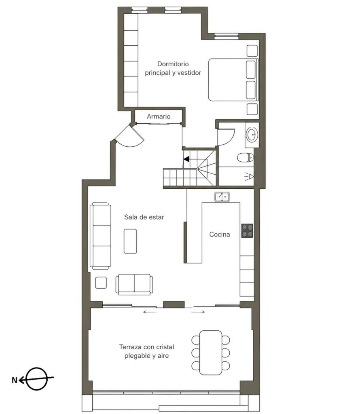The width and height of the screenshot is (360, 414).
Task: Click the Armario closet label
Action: click(159, 116)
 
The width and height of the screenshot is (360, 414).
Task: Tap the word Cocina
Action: click(220, 234)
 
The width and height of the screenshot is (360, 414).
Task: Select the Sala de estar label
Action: click(144, 217)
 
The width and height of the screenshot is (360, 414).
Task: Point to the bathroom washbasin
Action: click(252, 135)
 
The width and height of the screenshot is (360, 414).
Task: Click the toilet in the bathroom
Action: click(245, 158)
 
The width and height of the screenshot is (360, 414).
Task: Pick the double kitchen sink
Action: click(222, 197)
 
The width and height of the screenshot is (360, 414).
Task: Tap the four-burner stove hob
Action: click(247, 230)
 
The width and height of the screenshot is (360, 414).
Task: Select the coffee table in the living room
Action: click(130, 241)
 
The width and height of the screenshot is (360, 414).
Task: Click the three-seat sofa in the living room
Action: click(100, 236)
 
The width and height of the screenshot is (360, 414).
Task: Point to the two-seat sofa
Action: click(134, 284)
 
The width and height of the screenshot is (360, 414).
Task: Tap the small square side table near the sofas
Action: click(101, 283)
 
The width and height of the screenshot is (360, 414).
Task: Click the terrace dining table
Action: click(210, 353)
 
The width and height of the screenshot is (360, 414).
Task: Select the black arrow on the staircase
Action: click(186, 159)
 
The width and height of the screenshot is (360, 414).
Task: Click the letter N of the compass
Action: click(15, 380)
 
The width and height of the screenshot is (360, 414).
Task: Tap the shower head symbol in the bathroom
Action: click(249, 176)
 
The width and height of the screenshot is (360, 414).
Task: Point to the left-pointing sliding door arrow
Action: click(149, 312)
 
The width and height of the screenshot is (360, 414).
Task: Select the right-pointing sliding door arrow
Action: click(198, 312)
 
